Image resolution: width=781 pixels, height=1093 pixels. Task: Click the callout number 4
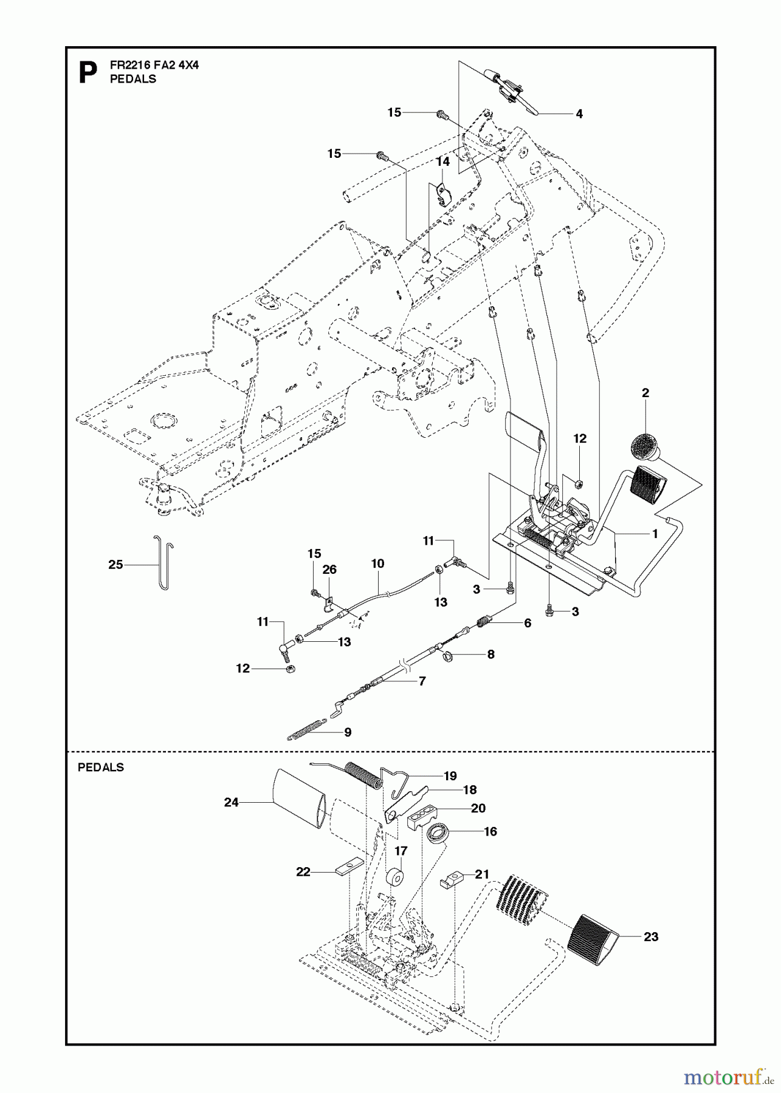click(x=579, y=114)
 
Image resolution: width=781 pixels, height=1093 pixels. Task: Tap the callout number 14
click(x=443, y=162)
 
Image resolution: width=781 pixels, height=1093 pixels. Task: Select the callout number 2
click(x=645, y=393)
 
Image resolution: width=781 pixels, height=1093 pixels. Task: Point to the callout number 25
click(x=115, y=565)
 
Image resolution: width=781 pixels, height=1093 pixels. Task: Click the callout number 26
click(x=329, y=570)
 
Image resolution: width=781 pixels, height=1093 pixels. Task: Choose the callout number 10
click(x=377, y=564)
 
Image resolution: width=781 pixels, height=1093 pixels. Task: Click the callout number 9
click(x=348, y=732)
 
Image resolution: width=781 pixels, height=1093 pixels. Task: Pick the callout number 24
click(x=231, y=802)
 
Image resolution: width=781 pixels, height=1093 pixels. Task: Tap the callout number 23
click(x=651, y=937)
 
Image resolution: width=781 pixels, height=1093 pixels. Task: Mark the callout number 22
click(x=303, y=872)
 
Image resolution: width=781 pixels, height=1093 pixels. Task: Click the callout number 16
click(x=490, y=831)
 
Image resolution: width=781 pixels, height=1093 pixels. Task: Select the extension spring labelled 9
click(x=306, y=729)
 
